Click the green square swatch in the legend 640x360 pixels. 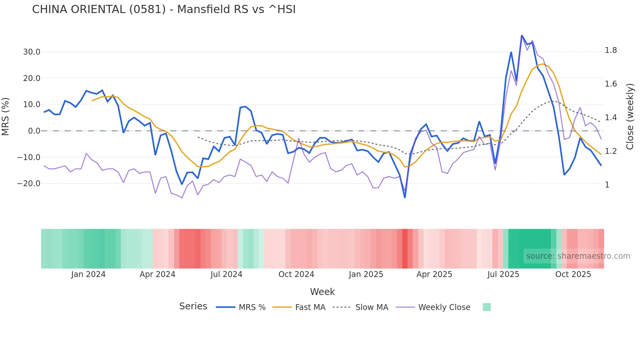tap(487, 307)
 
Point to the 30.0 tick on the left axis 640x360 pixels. tap(32, 52)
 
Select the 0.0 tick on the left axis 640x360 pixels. tap(34, 131)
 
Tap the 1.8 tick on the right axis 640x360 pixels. tap(611, 50)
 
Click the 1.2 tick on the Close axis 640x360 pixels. tap(611, 151)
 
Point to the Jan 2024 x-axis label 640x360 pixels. tap(88, 274)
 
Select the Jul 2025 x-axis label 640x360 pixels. tap(503, 274)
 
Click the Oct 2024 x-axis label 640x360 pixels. tap(296, 274)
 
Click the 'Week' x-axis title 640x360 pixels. tap(322, 292)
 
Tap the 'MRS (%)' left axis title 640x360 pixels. tap(6, 116)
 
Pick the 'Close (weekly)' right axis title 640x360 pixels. tap(630, 116)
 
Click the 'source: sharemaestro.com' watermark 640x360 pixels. tap(578, 256)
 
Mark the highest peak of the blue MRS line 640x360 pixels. tap(521, 35)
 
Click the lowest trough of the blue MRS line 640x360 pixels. tap(405, 197)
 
